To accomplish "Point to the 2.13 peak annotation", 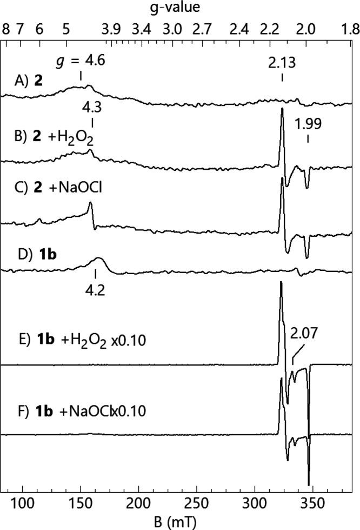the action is (282, 63).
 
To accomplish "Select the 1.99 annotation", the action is (308, 124).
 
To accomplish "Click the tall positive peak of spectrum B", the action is (282, 110).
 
